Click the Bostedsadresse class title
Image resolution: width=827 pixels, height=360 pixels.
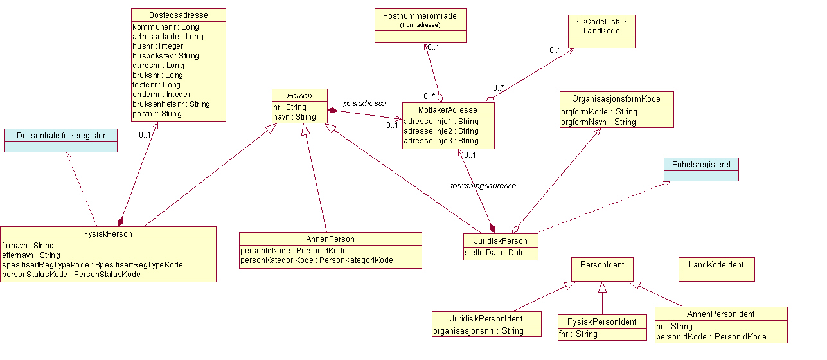179,15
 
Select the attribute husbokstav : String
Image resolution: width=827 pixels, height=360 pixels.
166,56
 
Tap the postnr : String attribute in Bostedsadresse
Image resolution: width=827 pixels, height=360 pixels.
157,114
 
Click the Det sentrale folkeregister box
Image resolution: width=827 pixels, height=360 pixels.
61,135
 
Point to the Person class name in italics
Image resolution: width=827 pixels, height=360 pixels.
300,95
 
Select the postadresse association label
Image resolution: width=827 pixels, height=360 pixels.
364,103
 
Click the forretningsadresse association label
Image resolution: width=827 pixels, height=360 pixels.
483,185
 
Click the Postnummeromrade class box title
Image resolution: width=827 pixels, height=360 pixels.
420,16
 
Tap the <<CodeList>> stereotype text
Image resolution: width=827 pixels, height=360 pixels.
601,21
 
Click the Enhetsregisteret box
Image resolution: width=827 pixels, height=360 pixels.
701,164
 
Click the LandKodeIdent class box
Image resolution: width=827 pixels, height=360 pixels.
716,264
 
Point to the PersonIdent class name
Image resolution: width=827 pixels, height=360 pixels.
602,264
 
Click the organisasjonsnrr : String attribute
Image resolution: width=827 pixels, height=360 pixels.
479,331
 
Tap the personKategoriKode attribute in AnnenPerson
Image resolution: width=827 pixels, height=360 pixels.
316,260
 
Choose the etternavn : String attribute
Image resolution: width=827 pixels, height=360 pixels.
31,255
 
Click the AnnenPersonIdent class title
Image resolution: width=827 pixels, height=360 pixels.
720,314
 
